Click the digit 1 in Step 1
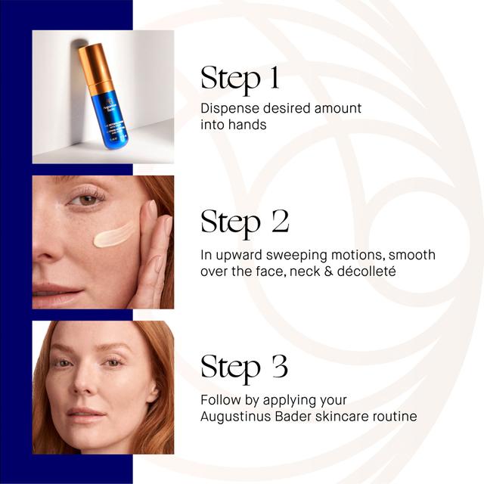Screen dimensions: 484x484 pos(275,78)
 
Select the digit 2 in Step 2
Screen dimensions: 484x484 pos(281,221)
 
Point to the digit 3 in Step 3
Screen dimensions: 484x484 pos(280,366)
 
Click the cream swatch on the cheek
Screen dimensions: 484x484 pos(113,234)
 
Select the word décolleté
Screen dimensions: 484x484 pos(366,271)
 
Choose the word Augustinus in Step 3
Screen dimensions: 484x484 pos(235,417)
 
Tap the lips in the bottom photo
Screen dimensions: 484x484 pos(85,414)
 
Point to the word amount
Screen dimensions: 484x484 pos(338,109)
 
